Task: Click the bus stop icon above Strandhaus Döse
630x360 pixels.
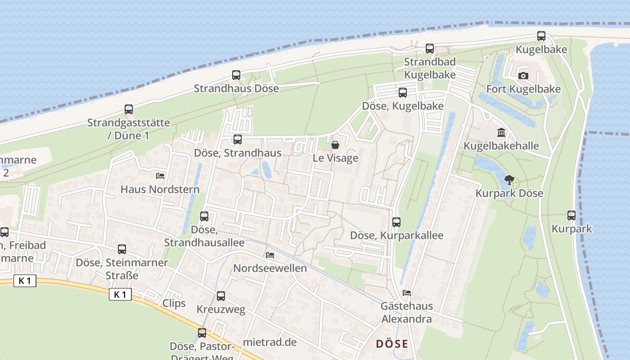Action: (x=236, y=75)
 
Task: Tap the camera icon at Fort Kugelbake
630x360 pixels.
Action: (x=523, y=76)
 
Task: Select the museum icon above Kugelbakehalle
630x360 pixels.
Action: (x=501, y=132)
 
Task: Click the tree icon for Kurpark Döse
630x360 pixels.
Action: (x=509, y=180)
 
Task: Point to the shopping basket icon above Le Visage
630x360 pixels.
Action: (x=335, y=145)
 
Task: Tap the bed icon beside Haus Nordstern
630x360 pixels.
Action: (x=160, y=176)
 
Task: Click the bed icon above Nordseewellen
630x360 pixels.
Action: (x=270, y=255)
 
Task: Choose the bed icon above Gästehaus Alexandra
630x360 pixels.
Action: (x=407, y=293)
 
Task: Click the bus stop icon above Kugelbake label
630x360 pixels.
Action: (x=541, y=36)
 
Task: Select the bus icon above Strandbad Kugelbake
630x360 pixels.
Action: (x=430, y=49)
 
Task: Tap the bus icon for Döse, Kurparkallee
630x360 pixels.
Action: (x=396, y=222)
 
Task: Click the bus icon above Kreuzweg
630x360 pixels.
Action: (x=221, y=296)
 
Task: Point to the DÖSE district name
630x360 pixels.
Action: (x=392, y=344)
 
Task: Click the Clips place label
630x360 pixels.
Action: (x=174, y=303)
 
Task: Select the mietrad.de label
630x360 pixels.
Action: (x=270, y=342)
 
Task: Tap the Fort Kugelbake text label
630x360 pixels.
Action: (x=523, y=89)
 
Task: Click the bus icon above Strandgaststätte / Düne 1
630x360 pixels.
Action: (x=129, y=109)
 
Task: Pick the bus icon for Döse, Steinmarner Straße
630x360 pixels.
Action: (x=122, y=249)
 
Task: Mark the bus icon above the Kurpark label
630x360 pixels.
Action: (x=571, y=216)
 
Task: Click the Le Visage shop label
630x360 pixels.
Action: (x=336, y=158)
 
